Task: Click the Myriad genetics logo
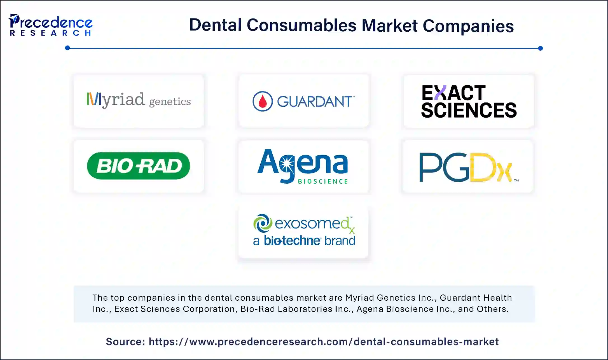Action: [139, 100]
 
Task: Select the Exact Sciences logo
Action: [469, 101]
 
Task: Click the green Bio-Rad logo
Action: [139, 166]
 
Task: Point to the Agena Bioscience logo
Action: [303, 166]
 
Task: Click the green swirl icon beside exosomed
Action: [263, 223]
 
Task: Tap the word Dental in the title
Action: [215, 25]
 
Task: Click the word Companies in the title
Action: [468, 26]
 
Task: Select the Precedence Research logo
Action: [50, 25]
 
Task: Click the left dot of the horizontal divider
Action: [67, 48]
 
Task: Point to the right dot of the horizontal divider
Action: [540, 48]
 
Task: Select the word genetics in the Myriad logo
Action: [170, 102]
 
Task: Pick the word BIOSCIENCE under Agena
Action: [323, 181]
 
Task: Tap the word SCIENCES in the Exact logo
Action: [469, 110]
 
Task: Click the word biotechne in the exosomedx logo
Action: [292, 241]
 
